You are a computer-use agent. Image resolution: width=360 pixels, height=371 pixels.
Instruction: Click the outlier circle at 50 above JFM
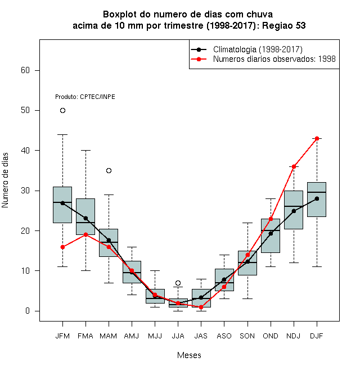click(62, 111)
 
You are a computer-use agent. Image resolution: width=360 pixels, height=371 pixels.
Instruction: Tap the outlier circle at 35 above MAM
click(109, 170)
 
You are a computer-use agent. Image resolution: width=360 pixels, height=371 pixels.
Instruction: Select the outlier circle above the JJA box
click(178, 283)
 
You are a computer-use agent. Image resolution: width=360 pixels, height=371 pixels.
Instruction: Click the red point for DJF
click(317, 138)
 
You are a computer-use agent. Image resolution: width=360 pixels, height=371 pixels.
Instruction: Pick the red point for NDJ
click(294, 166)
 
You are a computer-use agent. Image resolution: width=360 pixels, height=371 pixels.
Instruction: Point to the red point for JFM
click(62, 247)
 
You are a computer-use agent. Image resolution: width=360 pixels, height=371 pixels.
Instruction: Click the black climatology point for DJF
click(317, 198)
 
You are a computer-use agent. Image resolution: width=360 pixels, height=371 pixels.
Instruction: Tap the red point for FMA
click(85, 235)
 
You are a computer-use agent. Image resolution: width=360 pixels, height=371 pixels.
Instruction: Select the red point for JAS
click(201, 307)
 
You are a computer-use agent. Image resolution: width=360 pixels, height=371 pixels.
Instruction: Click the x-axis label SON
click(247, 336)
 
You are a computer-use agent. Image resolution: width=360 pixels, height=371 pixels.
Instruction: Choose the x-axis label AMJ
click(132, 336)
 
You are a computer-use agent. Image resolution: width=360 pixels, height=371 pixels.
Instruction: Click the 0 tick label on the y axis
click(28, 311)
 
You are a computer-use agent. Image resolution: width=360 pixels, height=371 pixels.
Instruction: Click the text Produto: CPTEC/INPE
click(85, 97)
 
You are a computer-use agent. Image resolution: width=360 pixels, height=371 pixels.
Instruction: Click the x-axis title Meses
click(189, 355)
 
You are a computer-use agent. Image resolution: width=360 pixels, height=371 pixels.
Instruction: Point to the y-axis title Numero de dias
click(5, 180)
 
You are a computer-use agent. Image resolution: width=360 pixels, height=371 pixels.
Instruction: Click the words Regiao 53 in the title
click(284, 25)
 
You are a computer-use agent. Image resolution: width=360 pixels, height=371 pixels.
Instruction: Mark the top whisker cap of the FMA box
click(85, 150)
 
